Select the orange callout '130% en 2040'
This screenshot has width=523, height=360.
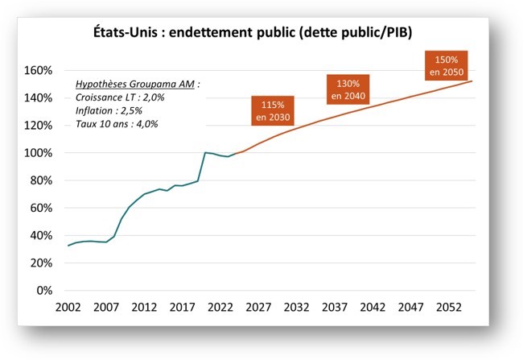347,89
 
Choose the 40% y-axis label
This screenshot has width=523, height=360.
39,235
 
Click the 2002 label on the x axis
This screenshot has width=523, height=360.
68,308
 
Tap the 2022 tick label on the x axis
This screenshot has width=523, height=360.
218,308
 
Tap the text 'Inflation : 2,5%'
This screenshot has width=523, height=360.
109,110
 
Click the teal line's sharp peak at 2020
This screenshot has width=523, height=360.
205,152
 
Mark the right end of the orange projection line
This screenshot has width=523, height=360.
472,81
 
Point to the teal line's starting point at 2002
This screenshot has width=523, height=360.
68,246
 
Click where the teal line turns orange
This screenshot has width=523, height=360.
234,154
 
